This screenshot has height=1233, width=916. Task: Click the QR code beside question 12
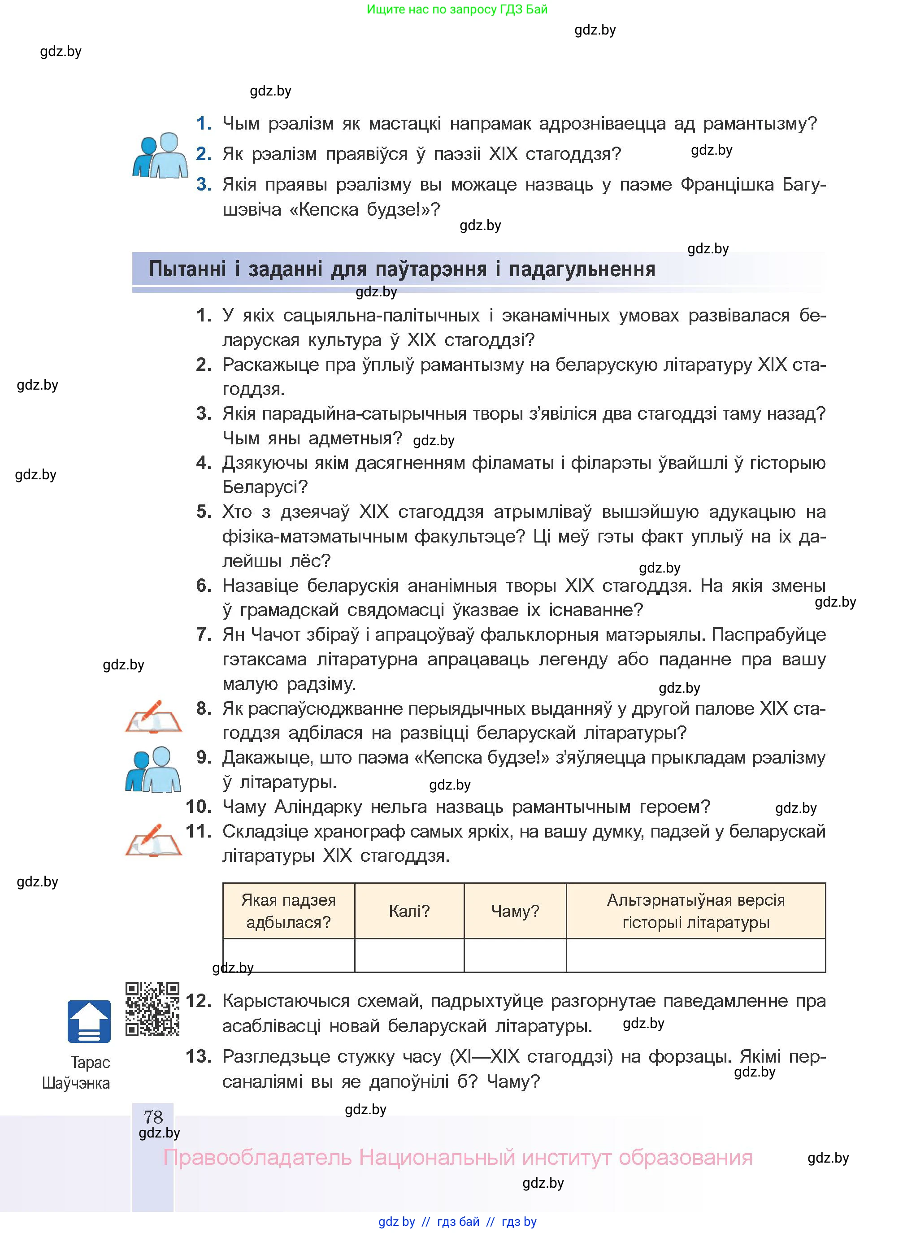(152, 1008)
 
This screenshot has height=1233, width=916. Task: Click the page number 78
(153, 1116)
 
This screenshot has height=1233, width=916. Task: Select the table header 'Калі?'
(409, 911)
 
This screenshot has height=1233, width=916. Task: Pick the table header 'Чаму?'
(515, 911)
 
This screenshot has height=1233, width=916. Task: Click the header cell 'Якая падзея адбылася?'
(288, 911)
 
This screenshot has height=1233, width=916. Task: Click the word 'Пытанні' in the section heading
(187, 269)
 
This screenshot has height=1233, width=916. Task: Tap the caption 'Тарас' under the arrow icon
(90, 1062)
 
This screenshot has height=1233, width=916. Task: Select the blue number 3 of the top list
(204, 184)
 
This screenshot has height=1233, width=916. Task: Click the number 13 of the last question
(198, 1056)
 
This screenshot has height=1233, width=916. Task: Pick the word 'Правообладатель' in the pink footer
(257, 1157)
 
